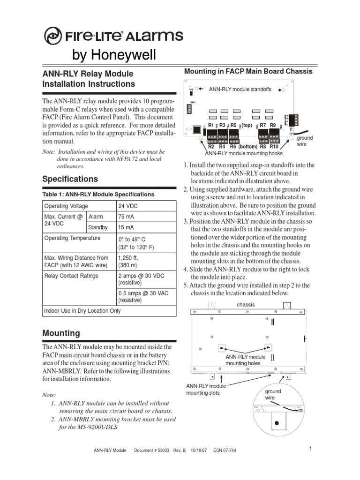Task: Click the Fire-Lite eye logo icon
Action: (53, 36)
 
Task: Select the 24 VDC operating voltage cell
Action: (128, 206)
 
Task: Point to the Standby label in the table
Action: (98, 228)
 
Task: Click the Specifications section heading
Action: (70, 179)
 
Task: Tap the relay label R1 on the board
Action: (211, 126)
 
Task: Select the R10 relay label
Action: (274, 147)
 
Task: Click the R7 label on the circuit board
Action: (263, 126)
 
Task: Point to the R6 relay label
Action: (233, 147)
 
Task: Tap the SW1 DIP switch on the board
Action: (193, 109)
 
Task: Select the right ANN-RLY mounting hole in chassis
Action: (268, 348)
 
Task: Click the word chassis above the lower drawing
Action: (246, 305)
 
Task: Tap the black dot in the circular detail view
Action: (277, 423)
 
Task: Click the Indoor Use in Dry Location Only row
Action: (82, 311)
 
